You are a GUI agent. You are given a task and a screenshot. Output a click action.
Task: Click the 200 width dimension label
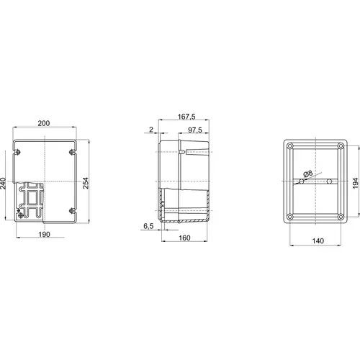tap(44, 123)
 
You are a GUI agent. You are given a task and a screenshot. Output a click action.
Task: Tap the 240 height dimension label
tap(3, 184)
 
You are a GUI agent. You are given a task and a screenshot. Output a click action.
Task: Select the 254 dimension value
tap(86, 183)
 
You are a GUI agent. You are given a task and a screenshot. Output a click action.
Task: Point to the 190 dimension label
tap(45, 234)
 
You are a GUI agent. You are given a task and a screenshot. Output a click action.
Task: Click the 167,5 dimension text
tap(186, 117)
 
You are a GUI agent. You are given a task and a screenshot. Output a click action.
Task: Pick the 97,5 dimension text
tap(195, 130)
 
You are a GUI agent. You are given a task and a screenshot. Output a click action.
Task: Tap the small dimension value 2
tap(151, 130)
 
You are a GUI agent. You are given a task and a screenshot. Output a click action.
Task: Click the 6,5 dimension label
tap(148, 226)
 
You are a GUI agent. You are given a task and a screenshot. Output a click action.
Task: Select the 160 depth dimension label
tap(184, 238)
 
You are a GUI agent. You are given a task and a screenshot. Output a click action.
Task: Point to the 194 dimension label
tap(356, 183)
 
